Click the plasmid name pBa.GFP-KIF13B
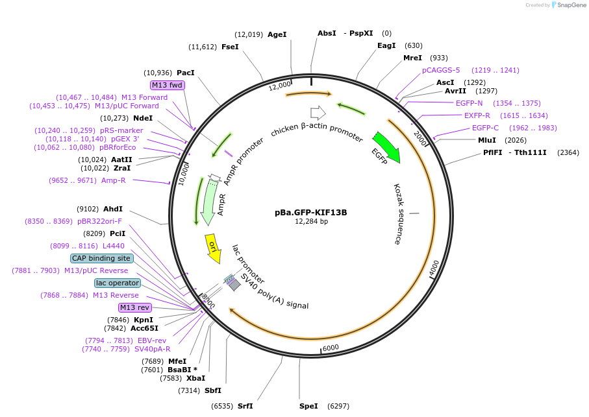[310, 212]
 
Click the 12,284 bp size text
[311, 221]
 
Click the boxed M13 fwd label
[168, 85]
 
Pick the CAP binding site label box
[102, 258]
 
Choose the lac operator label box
[117, 283]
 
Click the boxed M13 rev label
[134, 307]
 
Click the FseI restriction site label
[230, 47]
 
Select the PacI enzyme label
[186, 73]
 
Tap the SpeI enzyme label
[308, 406]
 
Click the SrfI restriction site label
[245, 406]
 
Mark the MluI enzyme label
[486, 140]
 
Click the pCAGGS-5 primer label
[441, 70]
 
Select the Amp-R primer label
[113, 180]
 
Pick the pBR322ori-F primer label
[99, 221]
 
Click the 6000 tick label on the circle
[331, 348]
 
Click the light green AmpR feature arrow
[209, 201]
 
